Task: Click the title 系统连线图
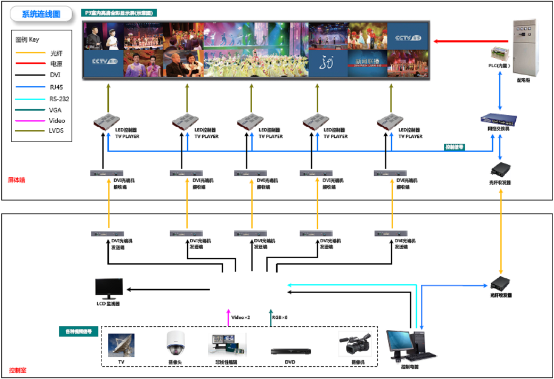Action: (x=41, y=14)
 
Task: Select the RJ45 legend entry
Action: (x=56, y=87)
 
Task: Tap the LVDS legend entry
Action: (x=56, y=131)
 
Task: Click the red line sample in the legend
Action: (x=30, y=64)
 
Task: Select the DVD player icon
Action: (x=291, y=352)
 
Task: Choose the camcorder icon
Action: (x=355, y=344)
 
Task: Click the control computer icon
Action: (x=410, y=345)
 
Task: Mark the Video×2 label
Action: (x=241, y=317)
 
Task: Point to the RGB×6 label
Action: (x=280, y=317)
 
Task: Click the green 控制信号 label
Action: (x=454, y=147)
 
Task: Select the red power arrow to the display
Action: (x=471, y=41)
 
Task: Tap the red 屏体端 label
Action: (x=17, y=180)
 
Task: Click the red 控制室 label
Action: (x=17, y=370)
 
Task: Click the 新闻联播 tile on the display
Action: (x=367, y=63)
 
